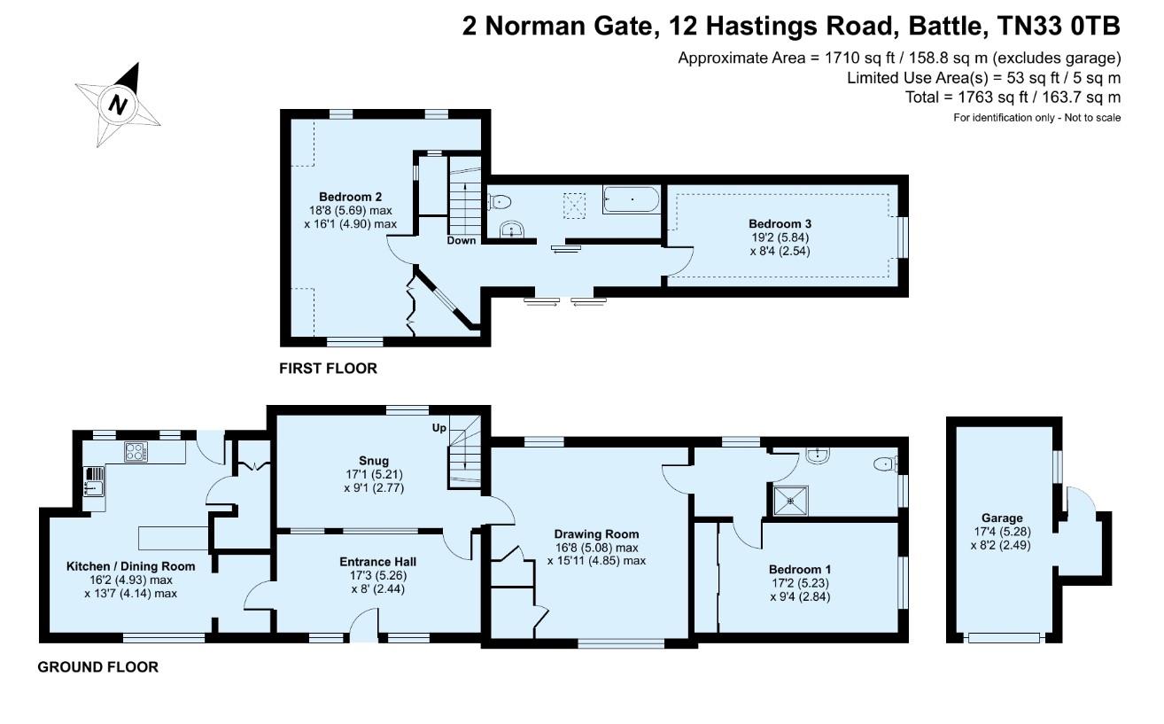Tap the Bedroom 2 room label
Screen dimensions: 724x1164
coord(346,197)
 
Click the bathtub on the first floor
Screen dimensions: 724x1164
coord(631,199)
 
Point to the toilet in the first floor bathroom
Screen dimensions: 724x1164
coord(498,200)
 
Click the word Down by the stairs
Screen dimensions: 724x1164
coord(462,240)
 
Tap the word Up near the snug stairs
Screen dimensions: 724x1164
coord(438,428)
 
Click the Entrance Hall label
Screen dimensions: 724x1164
coord(377,562)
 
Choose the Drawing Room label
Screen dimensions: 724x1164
coord(596,533)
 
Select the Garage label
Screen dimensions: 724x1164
coord(1001,518)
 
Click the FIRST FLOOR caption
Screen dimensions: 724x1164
coord(328,369)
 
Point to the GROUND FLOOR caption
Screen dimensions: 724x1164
coord(97,667)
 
